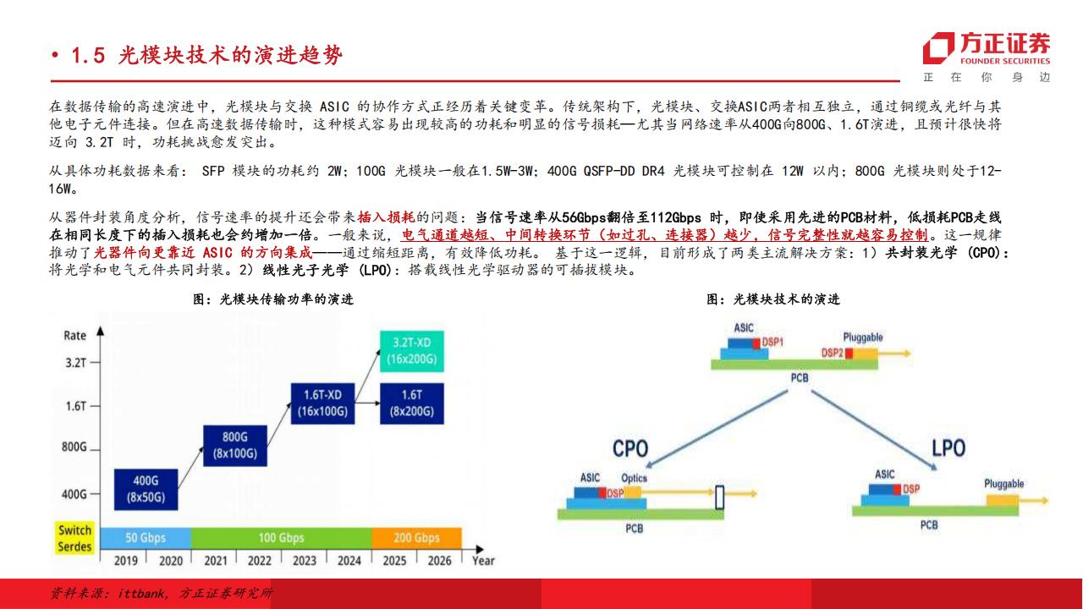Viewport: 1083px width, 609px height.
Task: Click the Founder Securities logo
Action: pyautogui.click(x=987, y=48)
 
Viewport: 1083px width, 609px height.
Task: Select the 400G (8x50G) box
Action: pyautogui.click(x=146, y=489)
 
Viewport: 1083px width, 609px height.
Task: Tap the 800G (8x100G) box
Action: pyautogui.click(x=235, y=446)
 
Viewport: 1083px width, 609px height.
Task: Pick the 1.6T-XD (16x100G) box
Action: pyautogui.click(x=322, y=403)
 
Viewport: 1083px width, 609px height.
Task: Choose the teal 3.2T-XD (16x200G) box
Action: pyautogui.click(x=412, y=351)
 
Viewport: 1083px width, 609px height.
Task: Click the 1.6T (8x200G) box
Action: pyautogui.click(x=412, y=403)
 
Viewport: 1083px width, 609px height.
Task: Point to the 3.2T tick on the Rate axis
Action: pyautogui.click(x=95, y=363)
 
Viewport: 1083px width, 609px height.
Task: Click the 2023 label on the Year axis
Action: pyautogui.click(x=304, y=561)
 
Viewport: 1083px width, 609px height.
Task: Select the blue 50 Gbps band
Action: pyautogui.click(x=146, y=538)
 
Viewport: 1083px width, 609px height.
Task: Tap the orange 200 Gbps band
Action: pyautogui.click(x=417, y=538)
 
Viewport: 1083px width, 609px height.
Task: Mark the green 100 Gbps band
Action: pyautogui.click(x=282, y=538)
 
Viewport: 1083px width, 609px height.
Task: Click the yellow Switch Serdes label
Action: pyautogui.click(x=75, y=539)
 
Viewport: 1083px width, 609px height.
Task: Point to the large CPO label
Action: pyautogui.click(x=630, y=448)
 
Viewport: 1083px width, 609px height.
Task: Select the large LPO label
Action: pyautogui.click(x=948, y=448)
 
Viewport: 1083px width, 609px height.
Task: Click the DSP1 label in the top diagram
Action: pyautogui.click(x=772, y=343)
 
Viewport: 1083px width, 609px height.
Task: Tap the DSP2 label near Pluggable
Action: pyautogui.click(x=832, y=353)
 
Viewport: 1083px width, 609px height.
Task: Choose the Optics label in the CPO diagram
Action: pyautogui.click(x=634, y=478)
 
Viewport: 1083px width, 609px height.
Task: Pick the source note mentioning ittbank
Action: pyautogui.click(x=162, y=593)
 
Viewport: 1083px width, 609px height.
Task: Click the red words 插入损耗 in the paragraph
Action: pyautogui.click(x=386, y=217)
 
